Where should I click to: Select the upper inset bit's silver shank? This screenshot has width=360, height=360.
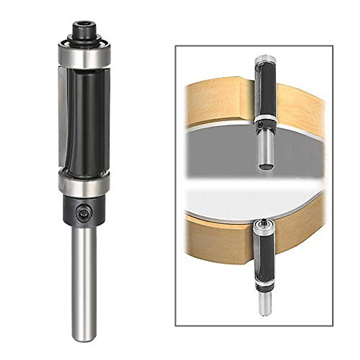[x=266, y=147]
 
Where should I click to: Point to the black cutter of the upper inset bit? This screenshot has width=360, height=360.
[x=265, y=87]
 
